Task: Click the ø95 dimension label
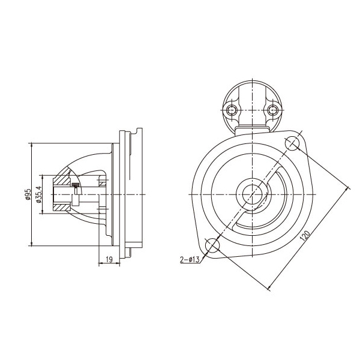pos(28,194)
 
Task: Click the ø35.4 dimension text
pos(39,194)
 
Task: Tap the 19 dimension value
pos(110,259)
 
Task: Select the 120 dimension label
pos(305,236)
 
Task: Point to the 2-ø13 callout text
pos(190,259)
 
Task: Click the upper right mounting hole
pos(292,143)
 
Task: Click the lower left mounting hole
pos(212,245)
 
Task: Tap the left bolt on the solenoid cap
pos(231,110)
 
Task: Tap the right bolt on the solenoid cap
pos(273,110)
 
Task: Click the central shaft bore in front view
pos(253,194)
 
